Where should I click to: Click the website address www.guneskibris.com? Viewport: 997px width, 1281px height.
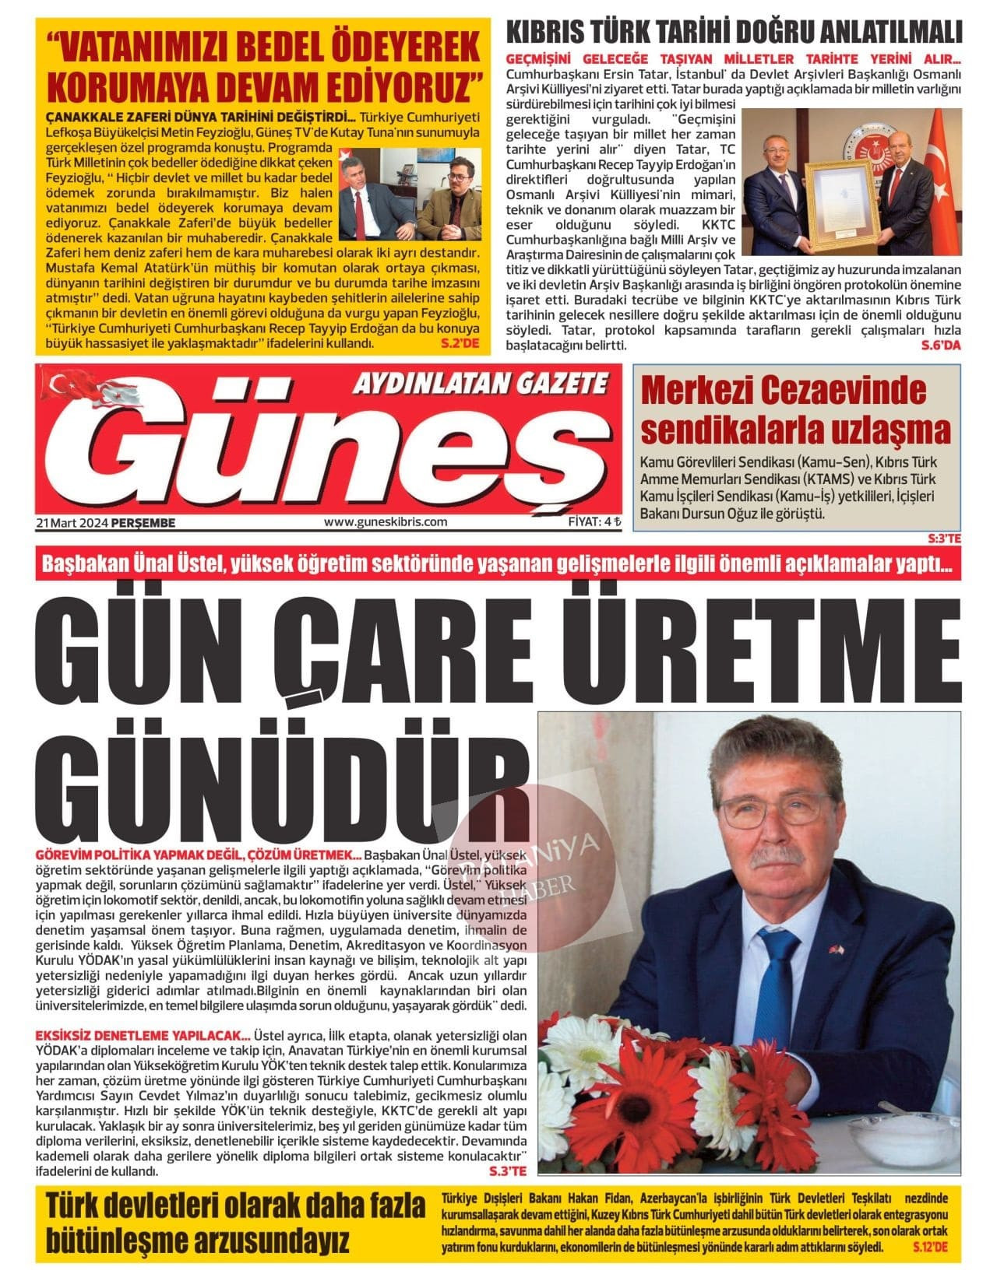coord(385,522)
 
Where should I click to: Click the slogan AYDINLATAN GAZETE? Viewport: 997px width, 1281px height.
coord(481,383)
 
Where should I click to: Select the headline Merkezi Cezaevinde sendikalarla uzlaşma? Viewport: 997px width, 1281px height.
coord(794,410)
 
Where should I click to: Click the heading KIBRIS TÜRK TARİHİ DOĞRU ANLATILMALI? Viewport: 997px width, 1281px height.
coord(735,33)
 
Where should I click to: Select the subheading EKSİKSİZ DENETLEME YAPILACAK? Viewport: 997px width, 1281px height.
coord(143,1036)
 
